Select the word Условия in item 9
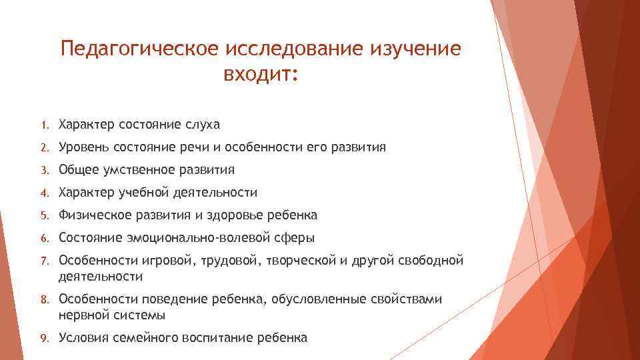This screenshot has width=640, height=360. coord(82,337)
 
